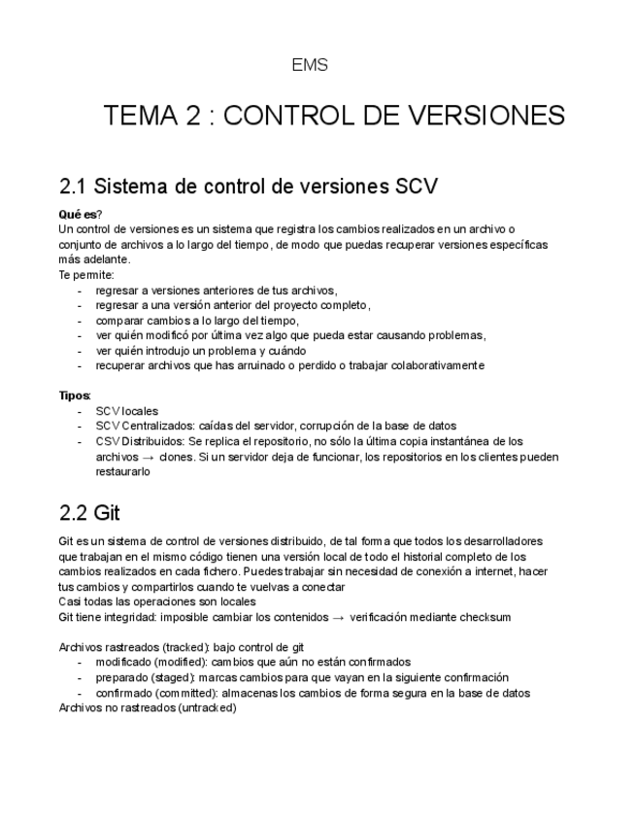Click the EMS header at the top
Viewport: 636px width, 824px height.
click(310, 66)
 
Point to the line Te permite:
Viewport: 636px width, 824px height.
click(86, 275)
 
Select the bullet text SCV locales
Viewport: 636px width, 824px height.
click(126, 411)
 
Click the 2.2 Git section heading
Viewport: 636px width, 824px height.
click(89, 512)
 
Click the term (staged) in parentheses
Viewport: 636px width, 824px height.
click(154, 677)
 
